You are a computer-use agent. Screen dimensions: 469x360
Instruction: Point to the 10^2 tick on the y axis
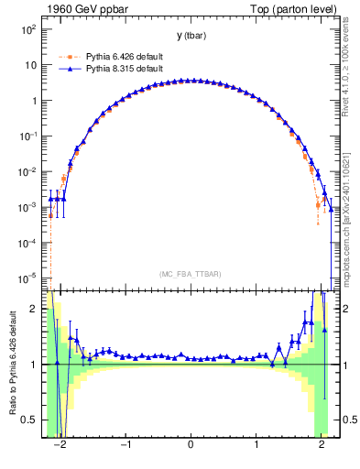(27, 29)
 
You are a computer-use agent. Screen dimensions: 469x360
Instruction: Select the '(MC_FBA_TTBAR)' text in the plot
(191, 274)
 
